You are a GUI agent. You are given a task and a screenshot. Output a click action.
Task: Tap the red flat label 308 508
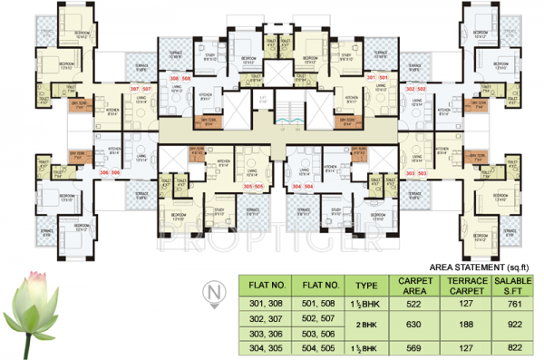point(180,81)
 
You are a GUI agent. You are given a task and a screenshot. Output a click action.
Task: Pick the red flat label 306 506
point(110,172)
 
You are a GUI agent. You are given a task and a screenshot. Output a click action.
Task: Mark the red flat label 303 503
point(415,172)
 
